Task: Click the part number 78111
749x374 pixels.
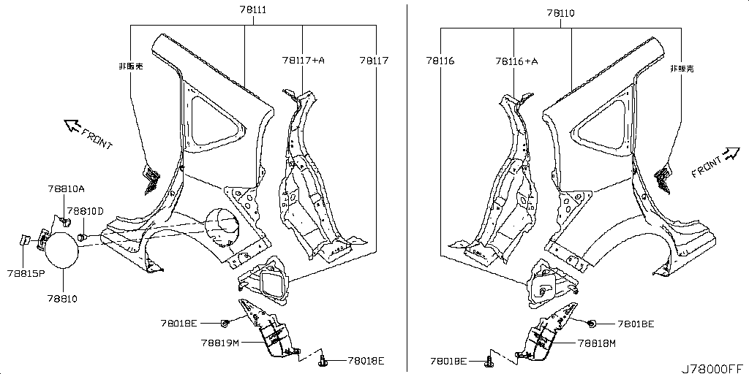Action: coord(252,9)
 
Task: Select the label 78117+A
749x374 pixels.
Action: coord(303,60)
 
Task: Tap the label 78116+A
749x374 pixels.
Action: coord(516,61)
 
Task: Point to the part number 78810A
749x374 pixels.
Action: coord(66,189)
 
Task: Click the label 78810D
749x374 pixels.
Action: coord(85,211)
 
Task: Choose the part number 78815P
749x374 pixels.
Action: coord(26,273)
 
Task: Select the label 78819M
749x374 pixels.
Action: coord(219,343)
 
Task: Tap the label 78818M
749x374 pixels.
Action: coord(597,343)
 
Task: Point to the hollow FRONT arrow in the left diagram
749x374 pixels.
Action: coord(72,126)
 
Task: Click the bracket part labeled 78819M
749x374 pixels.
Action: coord(268,329)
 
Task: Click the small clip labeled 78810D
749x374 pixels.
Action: coord(81,236)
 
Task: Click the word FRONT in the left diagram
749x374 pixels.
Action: coord(97,139)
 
